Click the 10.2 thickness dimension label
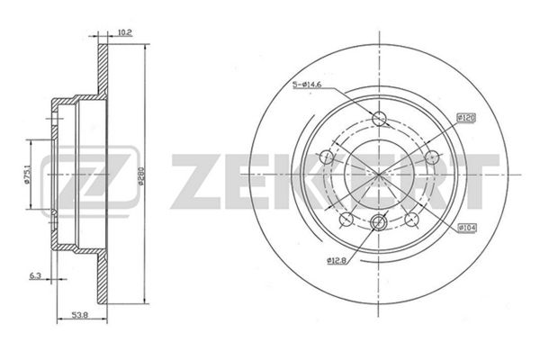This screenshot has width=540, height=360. point(125,32)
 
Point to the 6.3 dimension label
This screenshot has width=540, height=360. point(35,275)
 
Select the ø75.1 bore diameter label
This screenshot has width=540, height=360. point(26,175)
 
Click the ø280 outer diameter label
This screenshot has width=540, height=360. point(140,175)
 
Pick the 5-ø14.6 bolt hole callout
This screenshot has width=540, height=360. point(307,85)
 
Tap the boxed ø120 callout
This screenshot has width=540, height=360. point(466,118)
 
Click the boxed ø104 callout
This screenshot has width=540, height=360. point(466,228)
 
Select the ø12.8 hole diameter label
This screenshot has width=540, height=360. point(337,261)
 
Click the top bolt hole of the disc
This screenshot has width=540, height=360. point(379,119)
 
